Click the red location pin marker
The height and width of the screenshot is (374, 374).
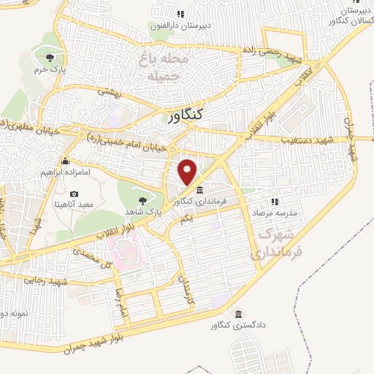click(188, 171)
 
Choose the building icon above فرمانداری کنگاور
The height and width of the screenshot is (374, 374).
click(200, 191)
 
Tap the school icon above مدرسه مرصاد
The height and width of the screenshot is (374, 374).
click(275, 200)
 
